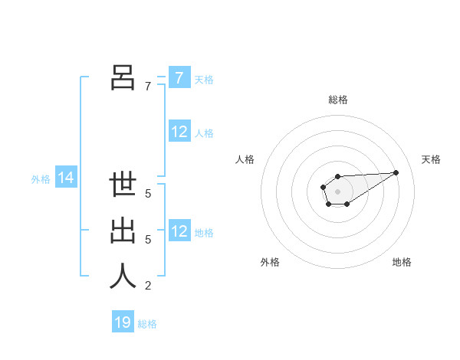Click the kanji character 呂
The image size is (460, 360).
coord(123,77)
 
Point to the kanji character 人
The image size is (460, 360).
coord(123,276)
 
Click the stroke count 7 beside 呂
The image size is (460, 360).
coord(148,87)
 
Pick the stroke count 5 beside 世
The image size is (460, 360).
coord(148,194)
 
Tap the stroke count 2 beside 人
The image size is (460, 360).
coord(148,286)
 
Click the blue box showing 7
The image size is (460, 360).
coord(179,77)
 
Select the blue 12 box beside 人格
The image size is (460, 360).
coord(179,132)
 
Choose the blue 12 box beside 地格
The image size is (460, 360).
coord(179,231)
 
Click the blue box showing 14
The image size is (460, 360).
coord(66,178)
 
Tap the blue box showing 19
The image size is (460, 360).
coord(123,322)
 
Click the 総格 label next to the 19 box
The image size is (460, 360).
coord(147,324)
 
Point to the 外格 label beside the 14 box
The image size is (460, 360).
coord(41,179)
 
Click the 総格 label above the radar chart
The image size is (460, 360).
coord(338,100)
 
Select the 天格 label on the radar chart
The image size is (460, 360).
coord(431,159)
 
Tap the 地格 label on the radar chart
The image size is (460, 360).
coord(402,262)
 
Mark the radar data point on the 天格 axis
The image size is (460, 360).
coord(396,172)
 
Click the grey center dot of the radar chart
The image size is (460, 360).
coord(337,190)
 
